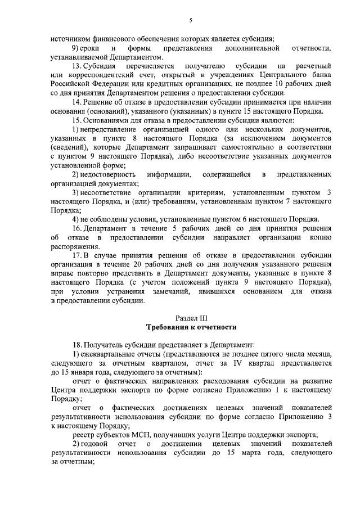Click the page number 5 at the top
pos(191,20)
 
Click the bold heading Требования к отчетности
pos(191,327)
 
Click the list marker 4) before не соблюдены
pos(76,219)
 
